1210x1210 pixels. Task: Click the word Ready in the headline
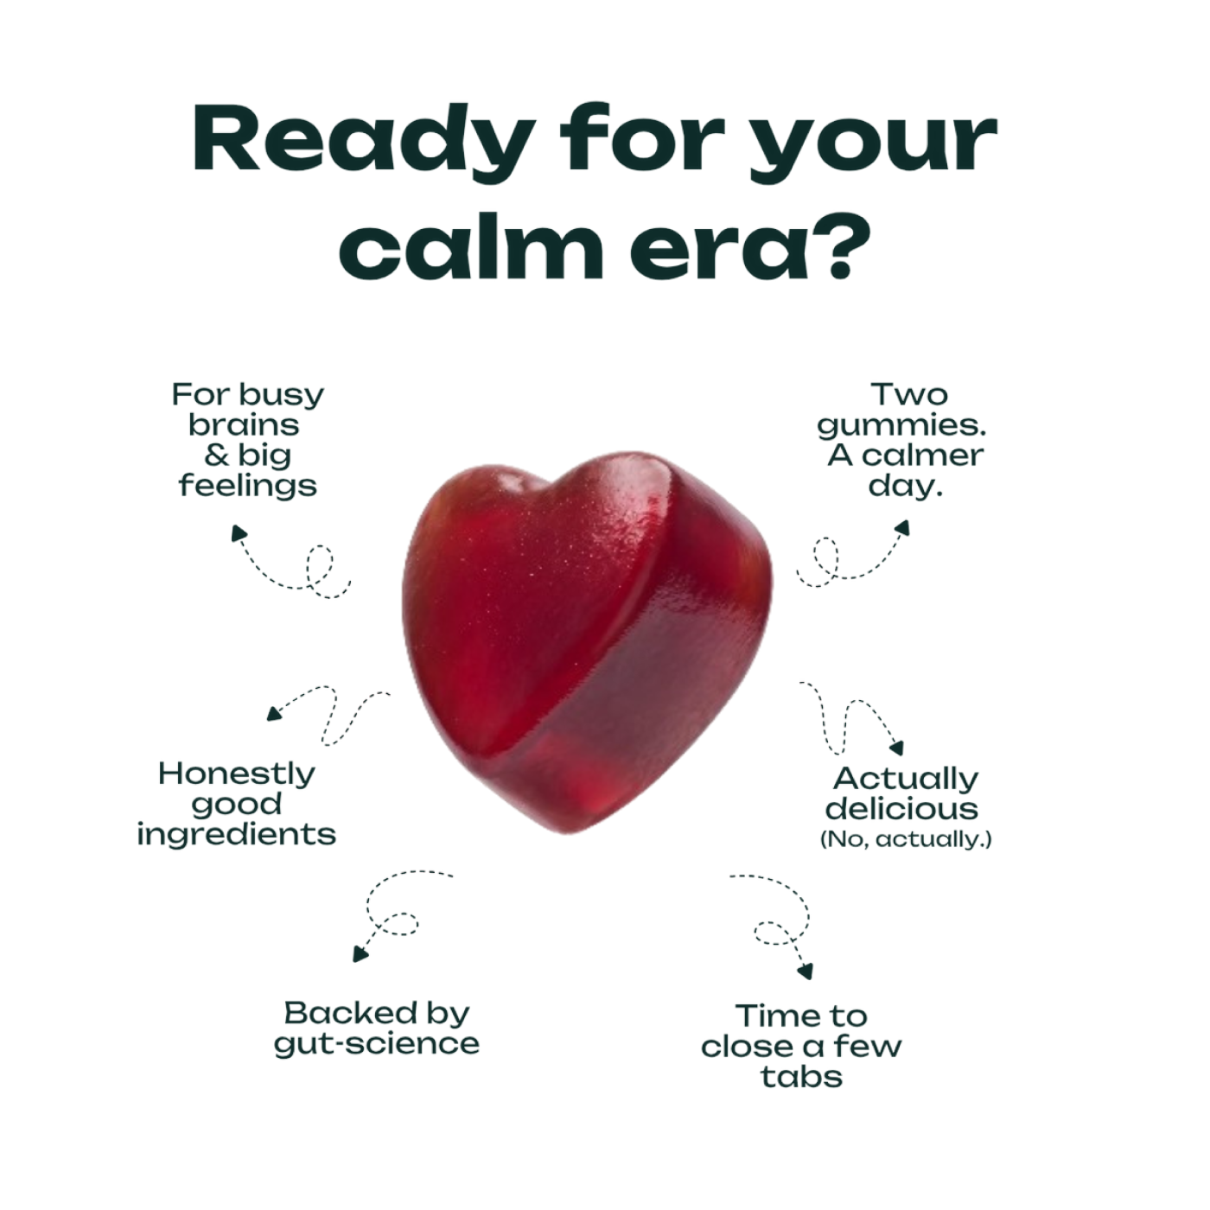[x=359, y=139]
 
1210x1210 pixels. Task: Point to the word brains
[x=244, y=425]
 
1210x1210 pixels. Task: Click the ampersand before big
[x=216, y=455]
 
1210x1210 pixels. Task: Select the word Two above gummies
[x=909, y=394]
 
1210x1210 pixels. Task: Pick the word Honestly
[x=236, y=775]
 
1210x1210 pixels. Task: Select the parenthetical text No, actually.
[x=906, y=839]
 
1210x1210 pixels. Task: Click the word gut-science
[x=376, y=1045]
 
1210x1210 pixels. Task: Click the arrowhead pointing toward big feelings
[x=238, y=532]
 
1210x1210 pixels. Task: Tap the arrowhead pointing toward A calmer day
[x=902, y=528]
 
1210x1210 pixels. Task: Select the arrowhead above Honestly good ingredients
[x=274, y=713]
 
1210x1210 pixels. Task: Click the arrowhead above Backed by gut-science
[x=360, y=954]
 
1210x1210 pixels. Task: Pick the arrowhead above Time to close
[x=805, y=971]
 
